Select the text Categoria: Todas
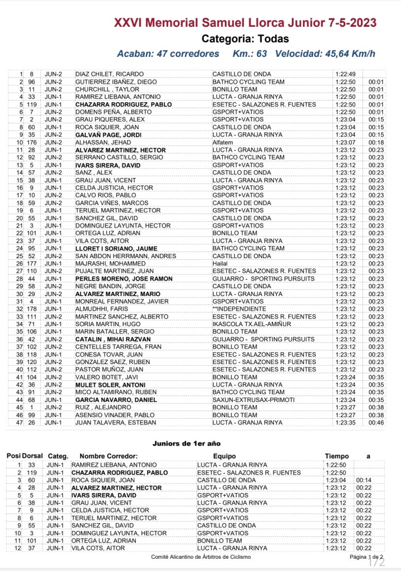[245, 39]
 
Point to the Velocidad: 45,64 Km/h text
[325, 54]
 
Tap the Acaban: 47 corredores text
[168, 54]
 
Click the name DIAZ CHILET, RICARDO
[109, 74]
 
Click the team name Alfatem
[223, 142]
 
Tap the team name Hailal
[221, 263]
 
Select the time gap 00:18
[376, 142]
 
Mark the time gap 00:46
[376, 422]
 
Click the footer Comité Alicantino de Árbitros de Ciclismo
[201, 557]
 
